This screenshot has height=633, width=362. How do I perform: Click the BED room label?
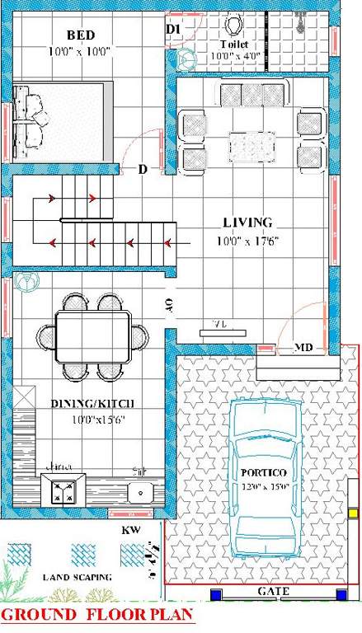point(81,35)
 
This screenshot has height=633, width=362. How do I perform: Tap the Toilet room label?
point(233,45)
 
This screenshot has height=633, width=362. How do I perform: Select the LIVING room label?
point(247,223)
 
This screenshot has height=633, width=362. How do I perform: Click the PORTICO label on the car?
point(263,473)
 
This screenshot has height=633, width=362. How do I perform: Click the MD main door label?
point(303,349)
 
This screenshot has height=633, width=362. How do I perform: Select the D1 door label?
point(172,30)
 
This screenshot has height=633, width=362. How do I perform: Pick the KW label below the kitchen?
point(129,530)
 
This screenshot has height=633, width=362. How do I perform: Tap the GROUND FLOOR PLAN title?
point(97,616)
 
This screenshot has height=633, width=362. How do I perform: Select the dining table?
point(92,335)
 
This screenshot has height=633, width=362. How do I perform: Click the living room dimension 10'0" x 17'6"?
point(248,241)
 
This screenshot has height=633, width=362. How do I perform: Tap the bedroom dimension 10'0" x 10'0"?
point(81,51)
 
